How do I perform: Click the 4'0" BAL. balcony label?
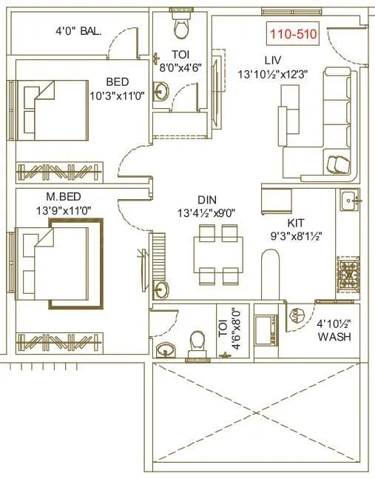click(78, 31)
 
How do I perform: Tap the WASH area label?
click(334, 337)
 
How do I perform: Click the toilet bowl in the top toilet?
click(180, 27)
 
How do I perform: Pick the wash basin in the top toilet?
click(162, 92)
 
